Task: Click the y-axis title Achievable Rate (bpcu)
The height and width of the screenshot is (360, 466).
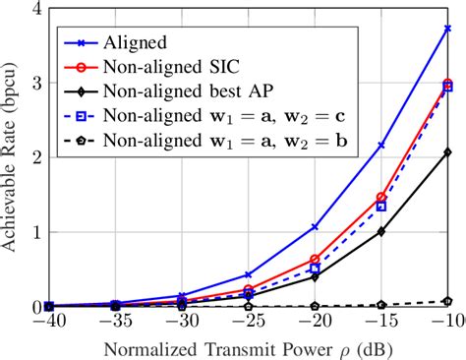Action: coord(12,157)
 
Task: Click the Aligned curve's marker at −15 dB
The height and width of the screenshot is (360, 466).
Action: coord(381,145)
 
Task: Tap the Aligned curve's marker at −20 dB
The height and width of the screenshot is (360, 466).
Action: coord(315,226)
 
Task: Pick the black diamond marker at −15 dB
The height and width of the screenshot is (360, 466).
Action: coord(381,232)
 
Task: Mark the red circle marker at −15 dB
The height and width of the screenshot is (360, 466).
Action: coord(381,198)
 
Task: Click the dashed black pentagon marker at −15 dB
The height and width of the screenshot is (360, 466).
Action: coord(381,304)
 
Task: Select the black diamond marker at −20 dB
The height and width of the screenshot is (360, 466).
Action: coord(315,276)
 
